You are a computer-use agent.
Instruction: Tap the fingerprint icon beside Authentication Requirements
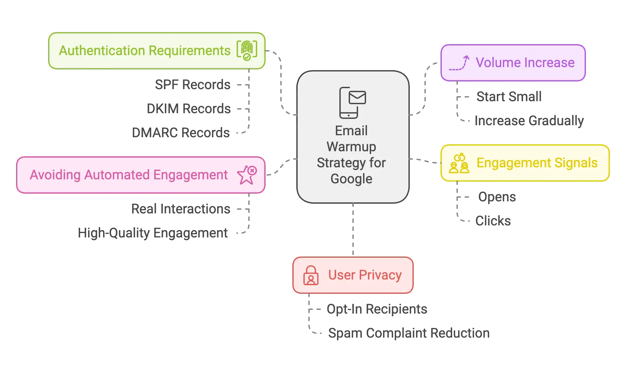(x=247, y=50)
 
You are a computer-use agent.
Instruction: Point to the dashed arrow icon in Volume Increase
(x=459, y=63)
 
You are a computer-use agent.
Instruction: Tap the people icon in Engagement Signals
(x=459, y=163)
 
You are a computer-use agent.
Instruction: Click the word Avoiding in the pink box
(x=55, y=175)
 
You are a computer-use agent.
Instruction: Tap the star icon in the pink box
(x=247, y=175)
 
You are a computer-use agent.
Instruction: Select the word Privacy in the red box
(x=380, y=275)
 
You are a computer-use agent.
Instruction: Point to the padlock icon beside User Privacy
(x=311, y=275)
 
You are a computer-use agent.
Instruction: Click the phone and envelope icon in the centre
(x=352, y=103)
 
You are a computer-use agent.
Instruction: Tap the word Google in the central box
(x=351, y=179)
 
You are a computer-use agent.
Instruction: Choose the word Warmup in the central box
(x=351, y=147)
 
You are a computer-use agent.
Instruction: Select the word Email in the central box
(x=351, y=131)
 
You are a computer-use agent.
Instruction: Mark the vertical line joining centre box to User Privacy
(x=353, y=230)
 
